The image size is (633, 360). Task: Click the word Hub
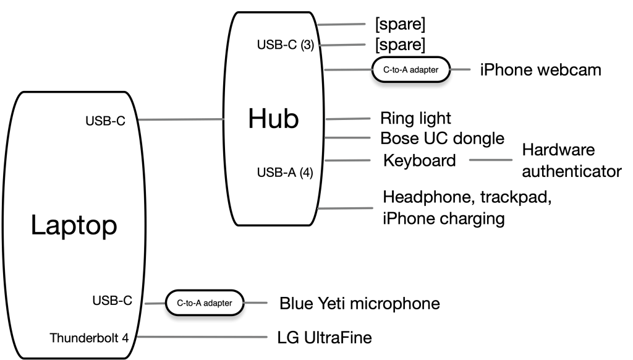pyautogui.click(x=273, y=119)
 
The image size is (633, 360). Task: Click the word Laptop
pyautogui.click(x=74, y=226)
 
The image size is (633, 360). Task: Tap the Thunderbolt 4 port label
pyautogui.click(x=89, y=338)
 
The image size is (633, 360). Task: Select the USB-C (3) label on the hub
pyautogui.click(x=286, y=45)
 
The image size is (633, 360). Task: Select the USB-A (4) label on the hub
pyautogui.click(x=285, y=173)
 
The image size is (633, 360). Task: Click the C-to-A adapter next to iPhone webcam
pyautogui.click(x=410, y=69)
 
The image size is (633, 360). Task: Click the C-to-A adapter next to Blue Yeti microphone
pyautogui.click(x=204, y=303)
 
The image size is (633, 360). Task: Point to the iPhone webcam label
pyautogui.click(x=540, y=69)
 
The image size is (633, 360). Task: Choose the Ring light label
pyautogui.click(x=415, y=118)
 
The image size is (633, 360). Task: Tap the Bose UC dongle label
pyautogui.click(x=441, y=137)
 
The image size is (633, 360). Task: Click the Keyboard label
pyautogui.click(x=419, y=160)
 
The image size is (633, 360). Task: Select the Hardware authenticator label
pyautogui.click(x=571, y=160)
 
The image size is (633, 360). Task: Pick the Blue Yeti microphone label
pyautogui.click(x=359, y=304)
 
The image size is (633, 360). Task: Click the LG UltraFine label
pyautogui.click(x=325, y=338)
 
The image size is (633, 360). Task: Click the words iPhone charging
pyautogui.click(x=444, y=218)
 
